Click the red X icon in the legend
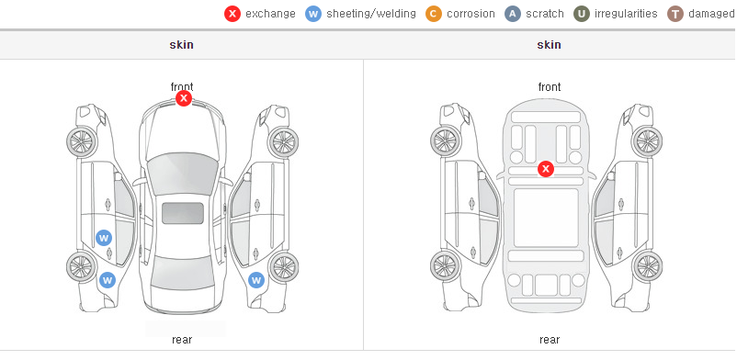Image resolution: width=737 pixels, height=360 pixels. point(232,14)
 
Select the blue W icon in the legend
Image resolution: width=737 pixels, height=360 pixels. point(313,14)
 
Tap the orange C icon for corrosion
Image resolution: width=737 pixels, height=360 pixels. point(434,14)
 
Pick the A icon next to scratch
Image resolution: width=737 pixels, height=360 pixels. point(513,14)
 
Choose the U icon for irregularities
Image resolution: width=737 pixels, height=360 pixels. point(582,14)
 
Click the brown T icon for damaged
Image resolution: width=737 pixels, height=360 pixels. point(675,14)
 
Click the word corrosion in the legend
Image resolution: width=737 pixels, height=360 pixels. point(471,14)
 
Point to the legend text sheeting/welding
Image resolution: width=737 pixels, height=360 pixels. point(371,14)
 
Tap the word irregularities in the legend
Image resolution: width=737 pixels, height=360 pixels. point(626,14)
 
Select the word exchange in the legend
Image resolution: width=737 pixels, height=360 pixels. point(270,14)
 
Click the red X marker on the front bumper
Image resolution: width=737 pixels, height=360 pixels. point(184,98)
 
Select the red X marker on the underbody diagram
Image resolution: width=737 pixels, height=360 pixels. point(545,169)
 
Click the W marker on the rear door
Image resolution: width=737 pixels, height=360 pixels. point(104,238)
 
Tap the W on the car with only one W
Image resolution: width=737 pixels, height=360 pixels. point(256,281)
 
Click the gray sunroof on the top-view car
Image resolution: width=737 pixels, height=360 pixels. point(183,213)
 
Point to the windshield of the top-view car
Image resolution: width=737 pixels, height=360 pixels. point(182,173)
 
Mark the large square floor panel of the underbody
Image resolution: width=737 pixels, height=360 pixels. point(546,218)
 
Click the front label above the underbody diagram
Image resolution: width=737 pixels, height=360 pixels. point(550,87)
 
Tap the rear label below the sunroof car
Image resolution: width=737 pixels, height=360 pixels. point(182,340)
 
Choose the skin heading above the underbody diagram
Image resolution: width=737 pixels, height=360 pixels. point(549,45)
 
